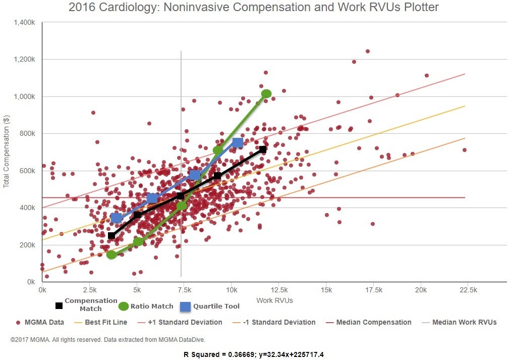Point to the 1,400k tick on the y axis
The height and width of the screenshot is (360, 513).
click(x=24, y=22)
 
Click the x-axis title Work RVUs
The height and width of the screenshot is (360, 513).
click(x=274, y=300)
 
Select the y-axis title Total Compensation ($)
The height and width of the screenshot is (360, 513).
click(x=7, y=151)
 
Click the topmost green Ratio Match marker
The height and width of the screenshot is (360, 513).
click(x=266, y=93)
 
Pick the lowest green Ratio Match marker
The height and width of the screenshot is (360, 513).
click(x=111, y=254)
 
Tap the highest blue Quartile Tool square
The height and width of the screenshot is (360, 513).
click(x=238, y=143)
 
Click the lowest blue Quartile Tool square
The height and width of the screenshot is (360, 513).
click(x=117, y=218)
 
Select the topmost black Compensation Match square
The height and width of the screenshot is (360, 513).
click(x=263, y=149)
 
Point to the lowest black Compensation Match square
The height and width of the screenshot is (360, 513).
click(x=111, y=236)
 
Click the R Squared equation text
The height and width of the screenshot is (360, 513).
click(x=253, y=354)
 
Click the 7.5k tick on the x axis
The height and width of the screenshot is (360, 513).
click(x=184, y=290)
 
